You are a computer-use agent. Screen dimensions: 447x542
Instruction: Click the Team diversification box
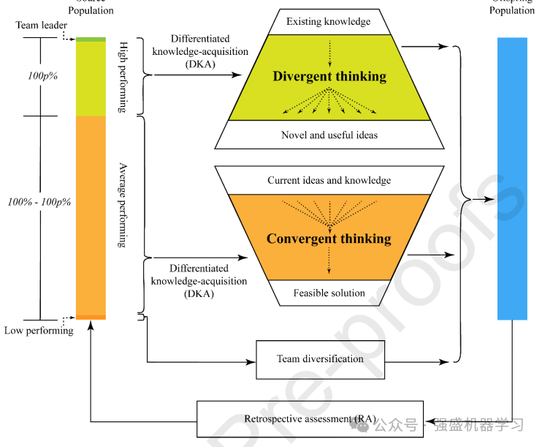[x=320, y=359]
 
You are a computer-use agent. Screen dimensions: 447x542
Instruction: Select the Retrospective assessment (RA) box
[x=310, y=419]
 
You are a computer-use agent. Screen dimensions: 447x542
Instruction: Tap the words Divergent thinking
[x=329, y=76]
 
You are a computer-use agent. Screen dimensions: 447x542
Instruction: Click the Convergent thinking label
[x=329, y=238]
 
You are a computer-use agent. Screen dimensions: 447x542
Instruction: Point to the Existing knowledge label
[x=328, y=21]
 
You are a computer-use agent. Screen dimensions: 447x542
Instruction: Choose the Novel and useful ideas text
[x=329, y=135]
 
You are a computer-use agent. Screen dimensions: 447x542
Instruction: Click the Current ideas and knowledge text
[x=329, y=180]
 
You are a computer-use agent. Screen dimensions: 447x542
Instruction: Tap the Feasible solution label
[x=329, y=293]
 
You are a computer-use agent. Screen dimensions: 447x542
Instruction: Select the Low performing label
[x=39, y=331]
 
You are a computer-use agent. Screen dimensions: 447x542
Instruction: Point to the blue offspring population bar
[x=512, y=179]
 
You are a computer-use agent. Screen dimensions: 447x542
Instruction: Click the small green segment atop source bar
[x=91, y=39]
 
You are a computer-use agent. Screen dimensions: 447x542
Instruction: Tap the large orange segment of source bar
[x=91, y=215]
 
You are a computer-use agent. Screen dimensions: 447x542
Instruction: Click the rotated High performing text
[x=122, y=77]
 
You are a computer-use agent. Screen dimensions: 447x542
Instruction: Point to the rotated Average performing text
[x=122, y=206]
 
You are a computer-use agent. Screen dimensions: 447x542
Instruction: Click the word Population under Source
[x=91, y=11]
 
